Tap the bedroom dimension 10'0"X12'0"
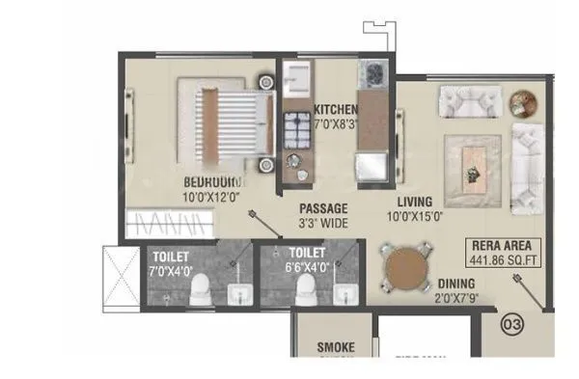(211, 196)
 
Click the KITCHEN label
(336, 109)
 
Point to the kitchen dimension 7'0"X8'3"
(336, 123)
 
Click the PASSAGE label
(323, 208)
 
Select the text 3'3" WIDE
(323, 223)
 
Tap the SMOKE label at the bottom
(336, 347)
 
